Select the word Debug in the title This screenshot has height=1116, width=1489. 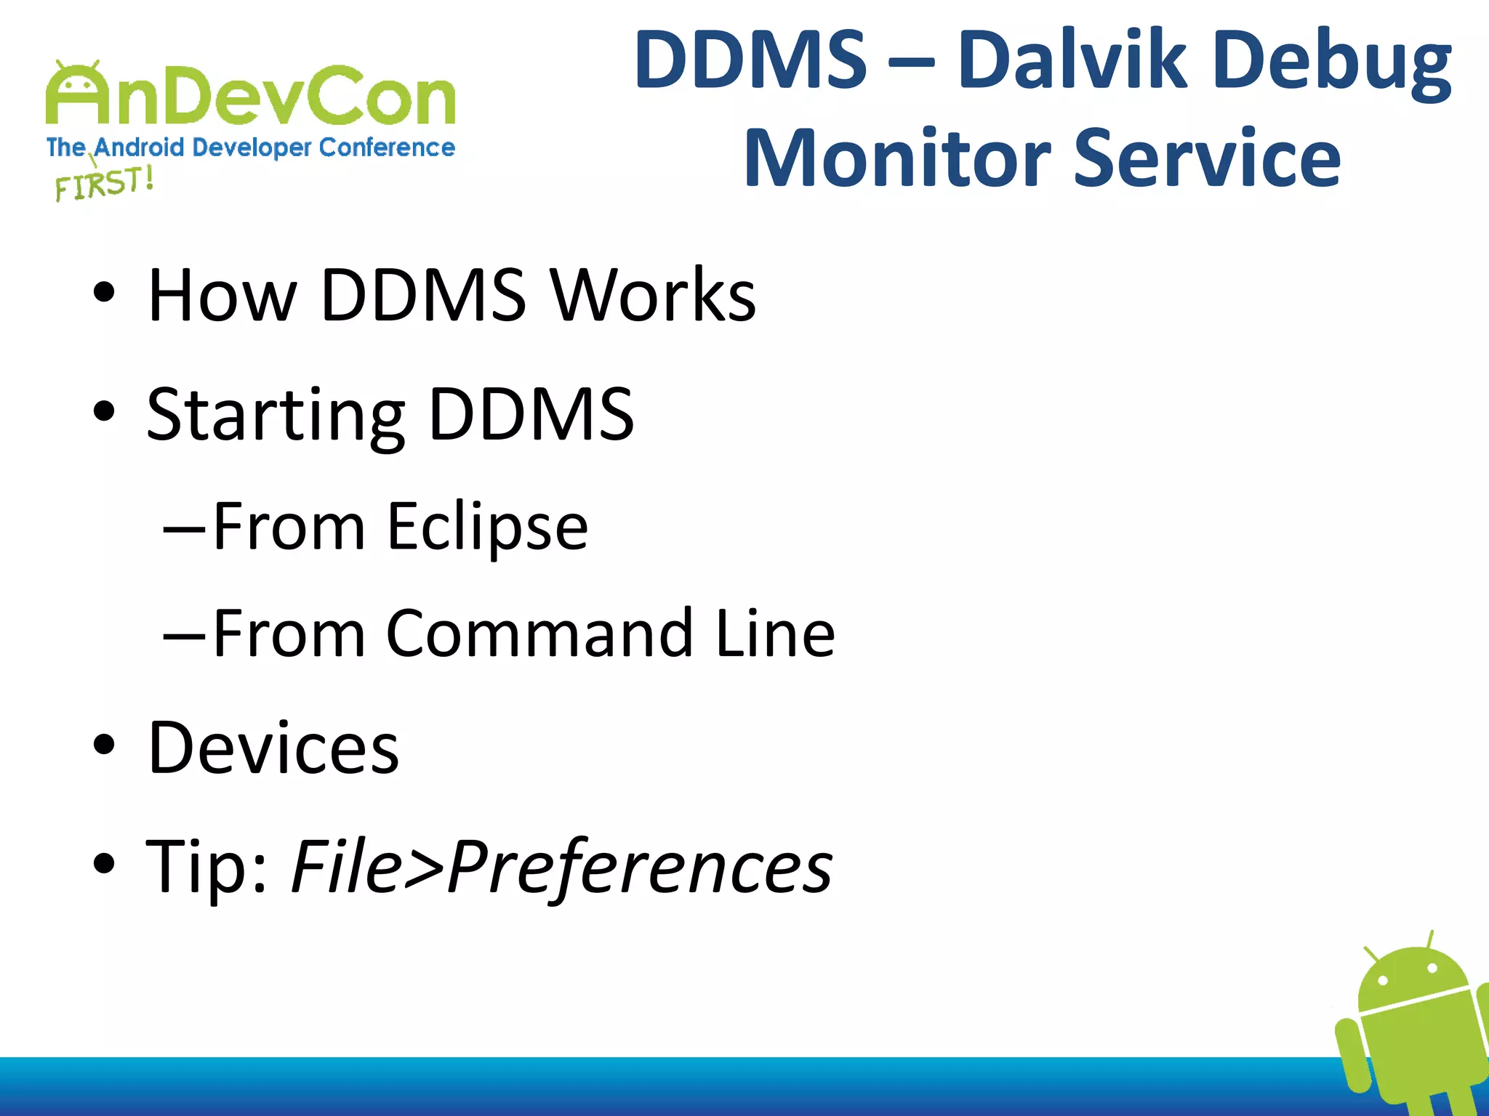1332,62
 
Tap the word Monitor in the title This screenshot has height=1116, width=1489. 897,158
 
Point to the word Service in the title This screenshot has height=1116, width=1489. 1207,158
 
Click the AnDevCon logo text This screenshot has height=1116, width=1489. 251,97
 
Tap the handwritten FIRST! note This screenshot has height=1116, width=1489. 105,183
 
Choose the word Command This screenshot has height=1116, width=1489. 539,634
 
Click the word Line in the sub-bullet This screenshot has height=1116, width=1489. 775,634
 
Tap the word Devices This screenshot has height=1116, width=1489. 273,748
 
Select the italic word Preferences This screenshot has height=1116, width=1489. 640,867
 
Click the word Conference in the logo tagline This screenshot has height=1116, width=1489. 387,147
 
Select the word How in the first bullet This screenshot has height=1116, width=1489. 222,295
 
